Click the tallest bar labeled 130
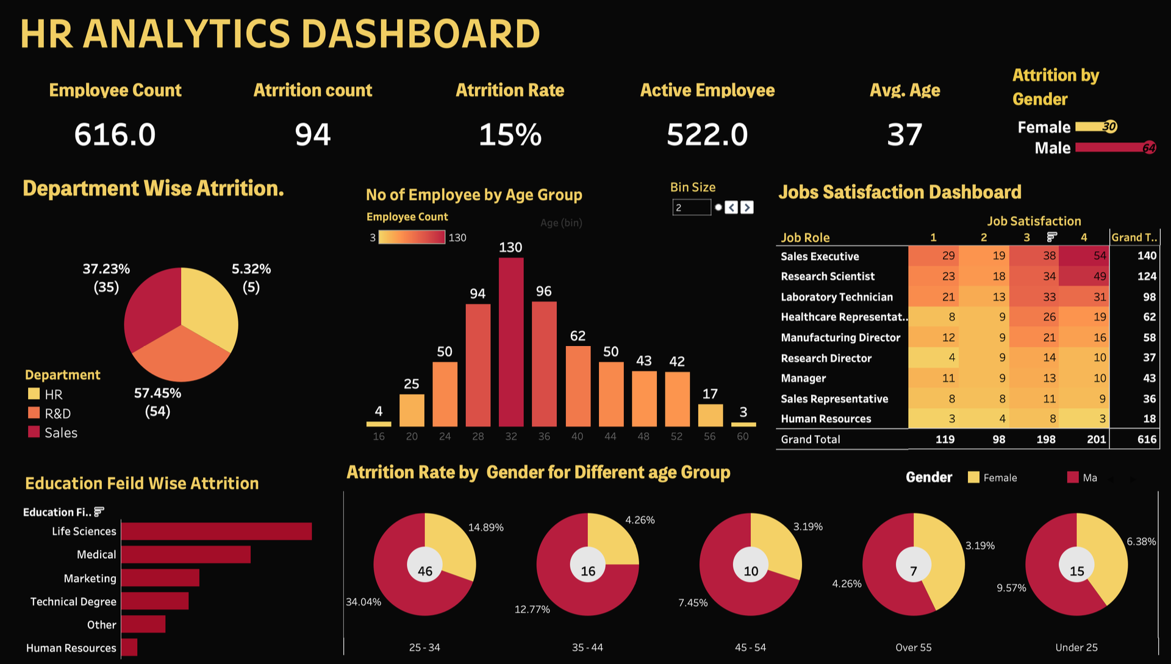coord(511,342)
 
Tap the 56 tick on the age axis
coord(710,436)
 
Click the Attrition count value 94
coord(313,134)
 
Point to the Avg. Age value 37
coord(904,134)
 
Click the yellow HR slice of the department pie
coord(207,305)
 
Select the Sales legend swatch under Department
coord(34,432)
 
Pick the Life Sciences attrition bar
coord(217,531)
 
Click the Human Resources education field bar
coord(129,648)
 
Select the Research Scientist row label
coord(828,276)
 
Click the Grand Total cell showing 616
coord(1147,439)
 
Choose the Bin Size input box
coord(692,208)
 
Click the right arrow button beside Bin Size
coord(747,208)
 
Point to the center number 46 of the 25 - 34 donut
coord(425,571)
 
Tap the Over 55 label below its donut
coord(914,648)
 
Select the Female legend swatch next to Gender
coord(973,477)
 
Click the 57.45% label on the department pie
coord(157,393)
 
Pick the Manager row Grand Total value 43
coord(1149,378)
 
